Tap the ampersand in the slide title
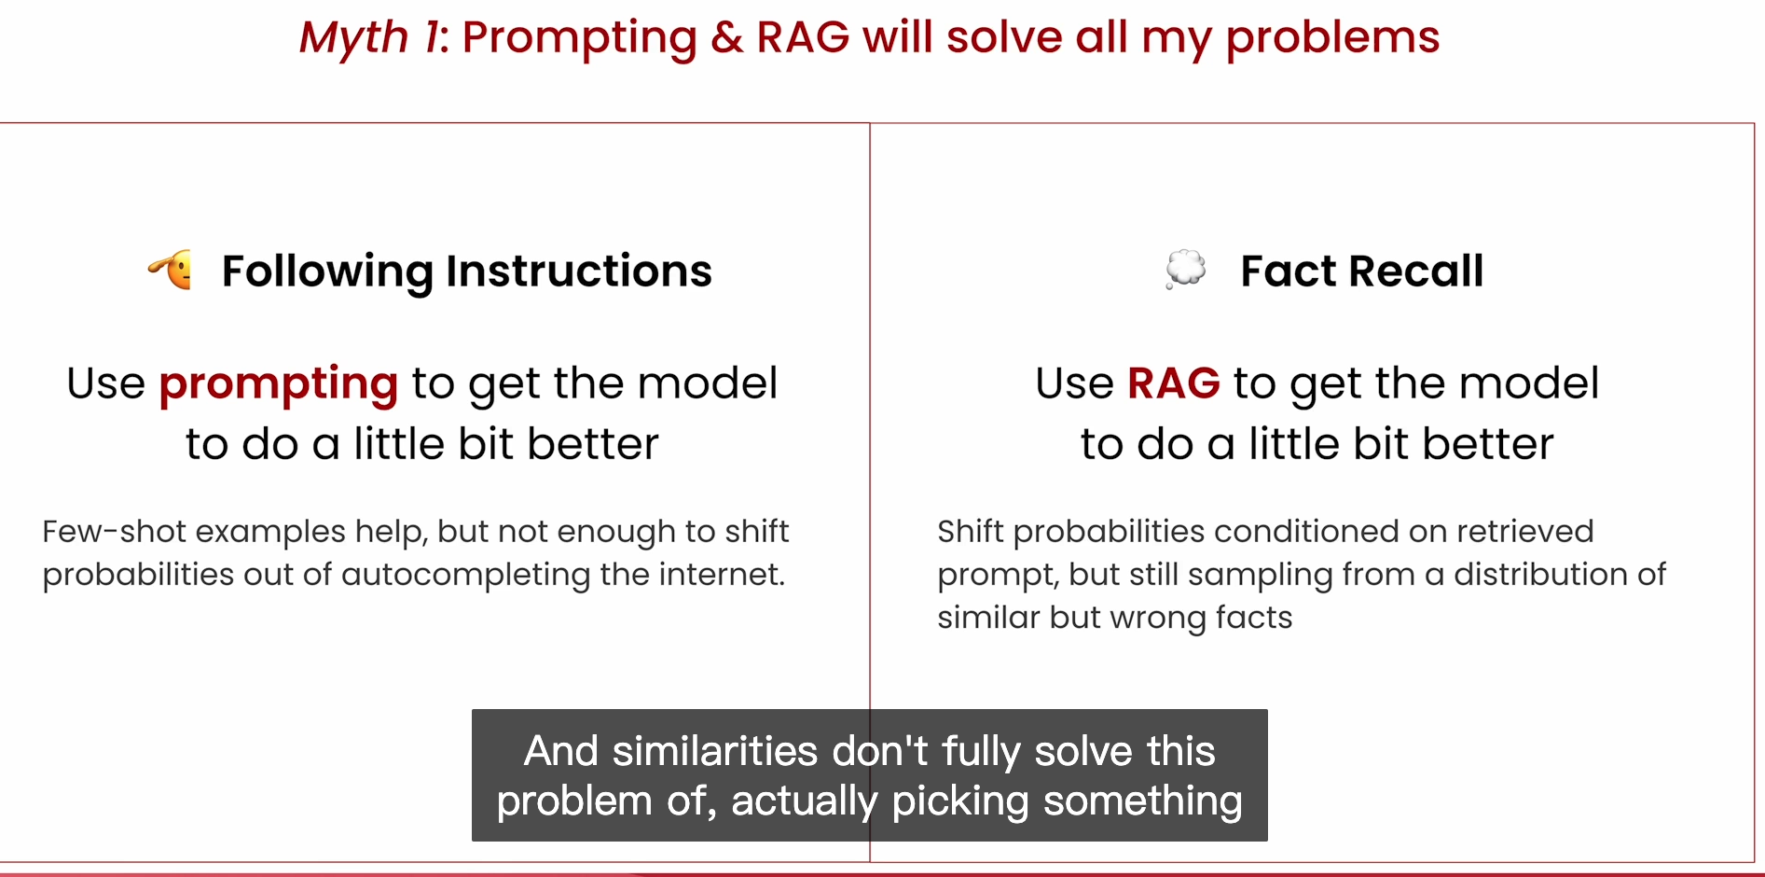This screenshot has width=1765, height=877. pos(727,37)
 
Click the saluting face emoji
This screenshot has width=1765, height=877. pos(171,271)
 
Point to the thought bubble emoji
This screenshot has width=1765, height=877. pos(1185,270)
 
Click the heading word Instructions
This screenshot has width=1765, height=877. pos(579,271)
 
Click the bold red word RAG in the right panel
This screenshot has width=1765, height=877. pos(1174,383)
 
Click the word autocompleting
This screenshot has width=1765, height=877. pos(465,576)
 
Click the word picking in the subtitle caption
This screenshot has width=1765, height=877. pos(960,802)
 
